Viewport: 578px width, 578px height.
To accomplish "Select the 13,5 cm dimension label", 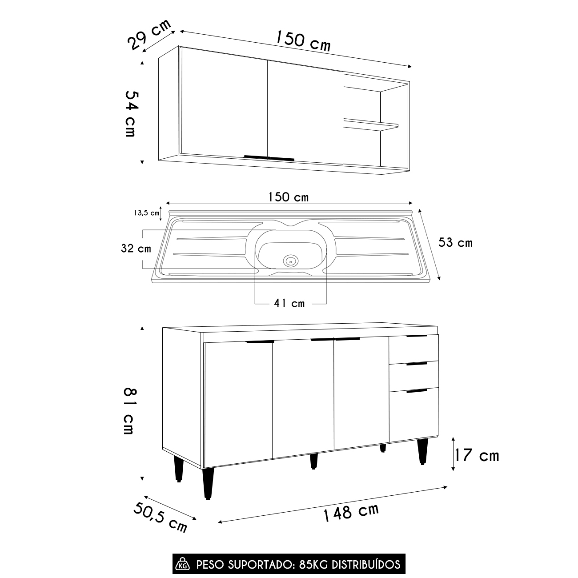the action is pos(147,213).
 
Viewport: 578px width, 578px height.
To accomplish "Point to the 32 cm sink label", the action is pos(136,249).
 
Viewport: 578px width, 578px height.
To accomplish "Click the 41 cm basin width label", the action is pos(289,303).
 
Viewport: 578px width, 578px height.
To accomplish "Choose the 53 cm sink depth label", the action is pos(455,242).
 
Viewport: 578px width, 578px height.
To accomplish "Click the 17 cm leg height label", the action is pos(477,455).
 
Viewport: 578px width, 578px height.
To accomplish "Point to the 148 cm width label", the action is pos(351,512).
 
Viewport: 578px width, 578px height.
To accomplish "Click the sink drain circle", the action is pos(290,261).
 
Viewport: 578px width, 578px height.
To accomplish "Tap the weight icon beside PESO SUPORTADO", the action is pos(183,564).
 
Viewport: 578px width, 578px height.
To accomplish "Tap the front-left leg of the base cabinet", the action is pos(208,483).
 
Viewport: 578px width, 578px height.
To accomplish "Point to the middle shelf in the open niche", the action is pos(371,124).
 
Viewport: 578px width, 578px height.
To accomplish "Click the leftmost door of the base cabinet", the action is pos(238,403).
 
